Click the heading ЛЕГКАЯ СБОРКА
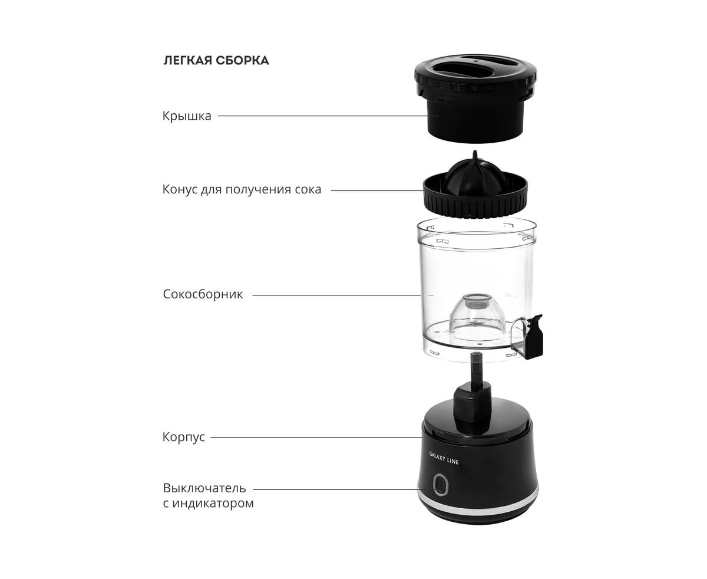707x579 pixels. point(216,60)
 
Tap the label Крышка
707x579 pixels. point(187,116)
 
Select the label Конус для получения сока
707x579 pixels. point(242,189)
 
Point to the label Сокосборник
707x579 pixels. point(203,294)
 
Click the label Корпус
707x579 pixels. point(183,437)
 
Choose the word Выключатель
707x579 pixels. point(204,488)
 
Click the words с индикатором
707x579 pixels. point(208,503)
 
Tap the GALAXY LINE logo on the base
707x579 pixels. point(444,458)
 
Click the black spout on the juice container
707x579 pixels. point(534,337)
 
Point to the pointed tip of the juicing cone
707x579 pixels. point(475,152)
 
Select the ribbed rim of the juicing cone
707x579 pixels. point(475,203)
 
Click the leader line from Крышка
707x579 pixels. point(323,116)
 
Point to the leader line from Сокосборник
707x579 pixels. point(336,295)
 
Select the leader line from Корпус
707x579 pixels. point(316,437)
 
